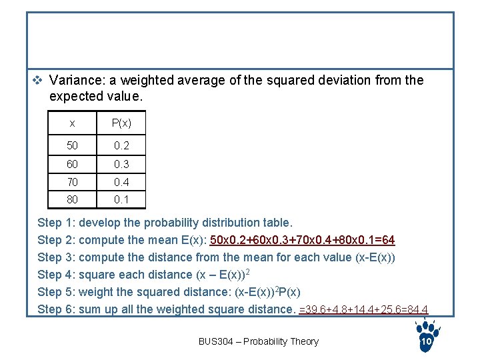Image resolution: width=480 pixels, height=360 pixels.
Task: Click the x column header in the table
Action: coord(72,123)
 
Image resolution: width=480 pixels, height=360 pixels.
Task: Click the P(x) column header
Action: coord(121,123)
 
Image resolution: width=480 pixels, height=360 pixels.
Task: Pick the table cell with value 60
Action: coord(72,164)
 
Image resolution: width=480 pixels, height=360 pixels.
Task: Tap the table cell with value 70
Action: coord(72,181)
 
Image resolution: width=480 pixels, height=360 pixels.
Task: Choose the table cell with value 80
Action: coord(72,199)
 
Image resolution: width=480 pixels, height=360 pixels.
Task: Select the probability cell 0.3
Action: coord(121,164)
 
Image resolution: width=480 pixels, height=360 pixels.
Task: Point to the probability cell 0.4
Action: coord(121,181)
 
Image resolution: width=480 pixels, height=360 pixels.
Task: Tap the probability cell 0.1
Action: coord(121,199)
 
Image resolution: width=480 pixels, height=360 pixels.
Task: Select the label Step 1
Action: coord(57,223)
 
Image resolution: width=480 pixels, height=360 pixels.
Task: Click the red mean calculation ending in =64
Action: coord(302,240)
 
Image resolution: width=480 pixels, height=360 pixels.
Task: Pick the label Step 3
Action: coord(57,257)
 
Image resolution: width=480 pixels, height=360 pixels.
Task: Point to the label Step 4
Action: coord(57,275)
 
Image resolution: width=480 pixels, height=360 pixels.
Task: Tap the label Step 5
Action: coord(57,292)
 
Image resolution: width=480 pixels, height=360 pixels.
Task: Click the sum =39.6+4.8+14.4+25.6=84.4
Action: coord(363,309)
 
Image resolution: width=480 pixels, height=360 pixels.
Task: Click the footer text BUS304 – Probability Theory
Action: coord(259,341)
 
